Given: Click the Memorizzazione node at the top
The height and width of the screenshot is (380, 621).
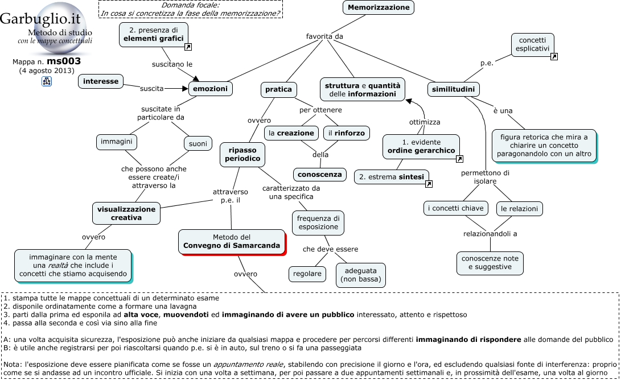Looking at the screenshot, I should coord(378,7).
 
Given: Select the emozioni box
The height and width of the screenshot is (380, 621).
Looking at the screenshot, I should coord(210,89).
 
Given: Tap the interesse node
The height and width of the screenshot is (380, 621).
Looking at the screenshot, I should coord(101,81).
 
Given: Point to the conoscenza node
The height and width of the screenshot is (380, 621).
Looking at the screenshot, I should coord(319,174).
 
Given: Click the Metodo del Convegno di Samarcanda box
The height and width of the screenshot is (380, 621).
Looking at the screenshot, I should coord(231,241).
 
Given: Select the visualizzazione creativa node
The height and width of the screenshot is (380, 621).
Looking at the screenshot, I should coord(126,213).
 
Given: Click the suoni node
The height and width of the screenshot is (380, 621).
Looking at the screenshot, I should coord(198,144).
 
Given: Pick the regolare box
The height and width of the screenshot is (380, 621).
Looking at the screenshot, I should coord(307,274).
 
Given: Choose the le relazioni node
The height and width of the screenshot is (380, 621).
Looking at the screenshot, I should coord(519,209).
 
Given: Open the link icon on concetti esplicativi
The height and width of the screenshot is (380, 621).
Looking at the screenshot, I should coord(554,56).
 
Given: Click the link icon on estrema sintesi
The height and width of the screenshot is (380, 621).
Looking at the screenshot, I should coord(429,184).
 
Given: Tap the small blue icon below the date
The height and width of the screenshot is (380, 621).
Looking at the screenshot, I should coord(47,82).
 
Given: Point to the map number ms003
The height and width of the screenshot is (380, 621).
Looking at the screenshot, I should coord(63,61).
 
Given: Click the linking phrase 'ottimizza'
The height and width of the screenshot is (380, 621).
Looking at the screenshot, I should coord(424,122).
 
